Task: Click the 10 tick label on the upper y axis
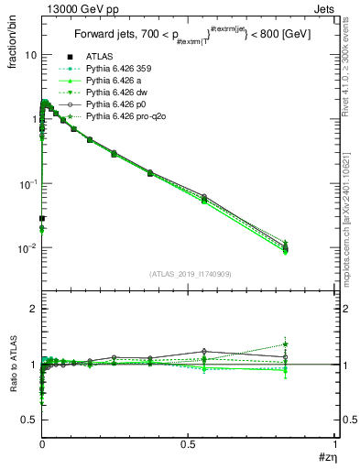click(x=29, y=55)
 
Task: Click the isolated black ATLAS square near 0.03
click(x=42, y=218)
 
